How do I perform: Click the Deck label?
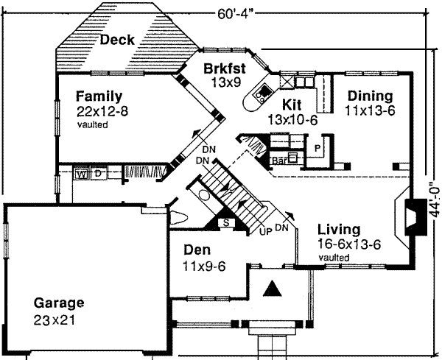[x=117, y=40]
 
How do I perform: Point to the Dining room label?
[x=370, y=96]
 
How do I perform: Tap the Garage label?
[x=58, y=303]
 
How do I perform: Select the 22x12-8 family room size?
[x=102, y=111]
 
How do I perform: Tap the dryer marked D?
[x=97, y=174]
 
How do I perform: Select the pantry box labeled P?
[x=317, y=147]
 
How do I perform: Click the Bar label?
[x=278, y=158]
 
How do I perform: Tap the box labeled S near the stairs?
[x=225, y=222]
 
